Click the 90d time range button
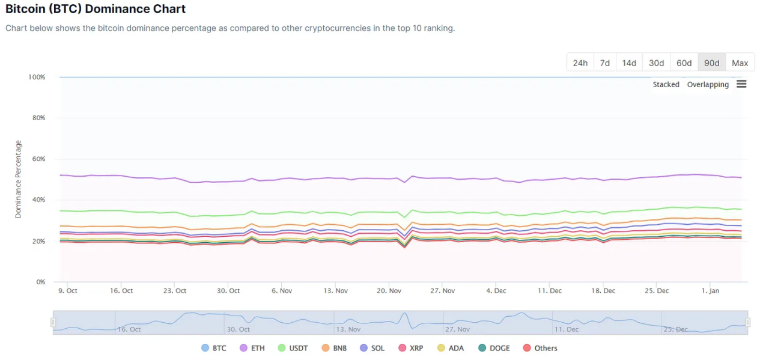[x=712, y=63]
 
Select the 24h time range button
[x=580, y=63]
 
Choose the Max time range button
[x=740, y=63]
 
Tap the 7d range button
[x=605, y=63]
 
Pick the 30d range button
[x=657, y=63]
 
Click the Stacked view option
[x=666, y=85]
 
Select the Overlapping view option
[x=708, y=85]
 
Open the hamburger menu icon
[x=741, y=84]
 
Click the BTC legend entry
[x=214, y=348]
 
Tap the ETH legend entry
[x=252, y=348]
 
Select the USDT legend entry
[x=293, y=348]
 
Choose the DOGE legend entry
[x=494, y=348]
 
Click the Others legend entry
[x=540, y=348]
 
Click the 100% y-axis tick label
[x=36, y=77]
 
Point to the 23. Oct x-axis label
[x=175, y=291]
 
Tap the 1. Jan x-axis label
[x=710, y=291]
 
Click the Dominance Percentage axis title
[x=19, y=179]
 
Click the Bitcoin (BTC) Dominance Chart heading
[x=96, y=9]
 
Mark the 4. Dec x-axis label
[x=496, y=291]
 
